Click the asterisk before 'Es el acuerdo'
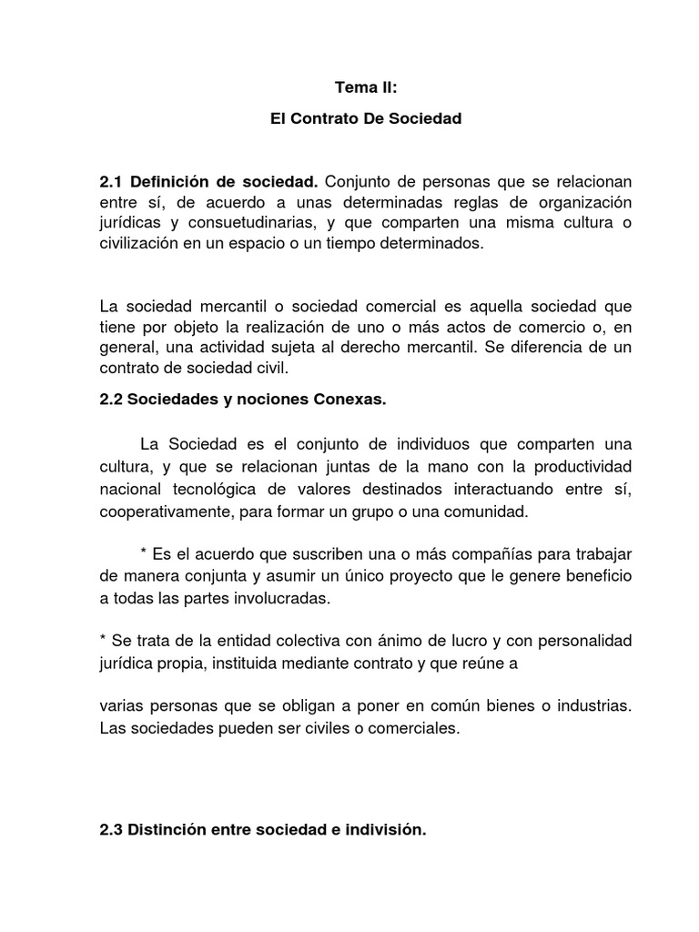[x=144, y=555]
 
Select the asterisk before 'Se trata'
[x=103, y=643]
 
